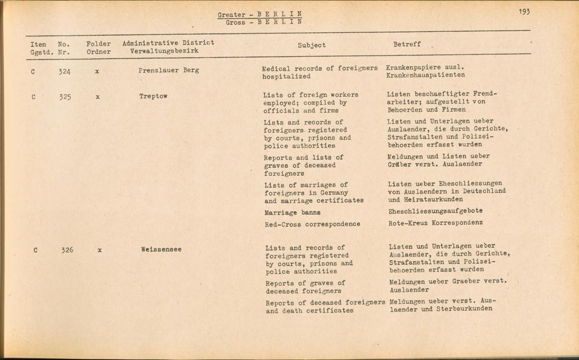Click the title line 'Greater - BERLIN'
pyautogui.click(x=260, y=14)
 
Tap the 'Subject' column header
pyautogui.click(x=312, y=45)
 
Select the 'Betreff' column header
pyautogui.click(x=407, y=44)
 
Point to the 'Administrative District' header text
pyautogui.click(x=168, y=43)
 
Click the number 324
pyautogui.click(x=65, y=72)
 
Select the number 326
pyautogui.click(x=66, y=250)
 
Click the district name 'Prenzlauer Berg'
pyautogui.click(x=168, y=71)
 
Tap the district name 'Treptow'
pyautogui.click(x=153, y=96)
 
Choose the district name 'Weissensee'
pyautogui.click(x=161, y=250)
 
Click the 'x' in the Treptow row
pyautogui.click(x=98, y=97)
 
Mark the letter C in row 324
pyautogui.click(x=33, y=72)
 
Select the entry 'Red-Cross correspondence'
pyautogui.click(x=312, y=224)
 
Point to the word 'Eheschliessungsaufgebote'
pyautogui.click(x=435, y=211)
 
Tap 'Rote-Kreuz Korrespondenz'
pyautogui.click(x=435, y=223)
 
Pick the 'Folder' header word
pyautogui.click(x=98, y=43)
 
